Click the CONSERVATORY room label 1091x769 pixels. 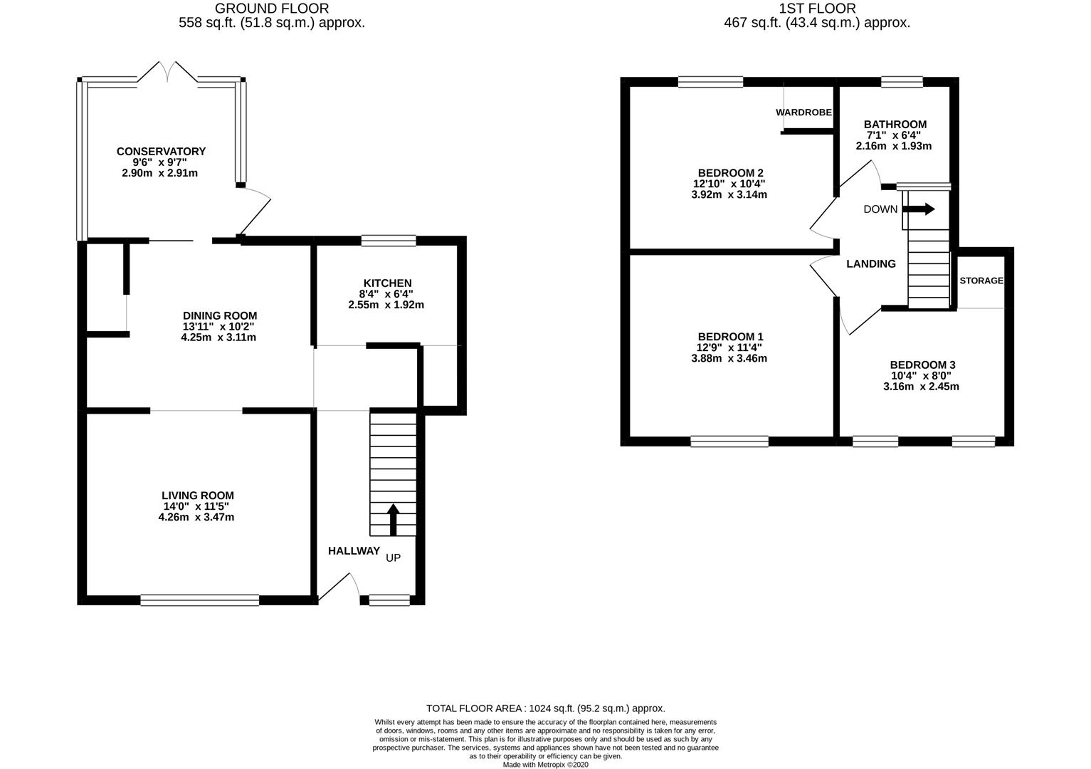pos(161,152)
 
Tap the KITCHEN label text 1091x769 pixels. pos(387,283)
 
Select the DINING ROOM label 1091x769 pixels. pos(220,315)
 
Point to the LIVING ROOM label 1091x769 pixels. pos(198,496)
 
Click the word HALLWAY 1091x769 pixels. pos(354,550)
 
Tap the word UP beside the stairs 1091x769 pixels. pos(393,558)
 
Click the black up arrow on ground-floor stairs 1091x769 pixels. pos(393,520)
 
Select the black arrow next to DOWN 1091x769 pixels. pos(919,209)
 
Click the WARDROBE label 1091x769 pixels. pos(803,113)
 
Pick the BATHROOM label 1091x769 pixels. pos(895,125)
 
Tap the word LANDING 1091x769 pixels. pos(871,264)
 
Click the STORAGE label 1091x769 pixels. pos(981,281)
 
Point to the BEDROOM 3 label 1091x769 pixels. pos(922,365)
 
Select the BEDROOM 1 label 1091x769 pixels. pos(731,337)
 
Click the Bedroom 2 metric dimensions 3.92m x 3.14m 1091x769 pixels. pos(729,195)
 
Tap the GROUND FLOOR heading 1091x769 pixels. pos(272,9)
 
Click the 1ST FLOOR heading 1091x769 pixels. pos(817,9)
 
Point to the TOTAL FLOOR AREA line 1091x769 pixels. pos(545,708)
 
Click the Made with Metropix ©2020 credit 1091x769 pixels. pos(545,765)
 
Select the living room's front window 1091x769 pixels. pos(200,600)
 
